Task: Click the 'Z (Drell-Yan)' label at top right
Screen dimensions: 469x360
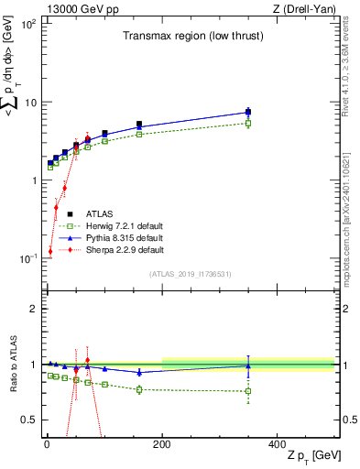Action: pos(306,8)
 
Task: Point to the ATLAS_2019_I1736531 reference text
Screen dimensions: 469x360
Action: pos(191,274)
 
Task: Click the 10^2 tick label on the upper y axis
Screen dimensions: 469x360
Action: pos(28,24)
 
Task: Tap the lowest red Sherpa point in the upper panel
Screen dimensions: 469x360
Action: pos(49,251)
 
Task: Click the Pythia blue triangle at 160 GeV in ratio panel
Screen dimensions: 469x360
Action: pos(139,372)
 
